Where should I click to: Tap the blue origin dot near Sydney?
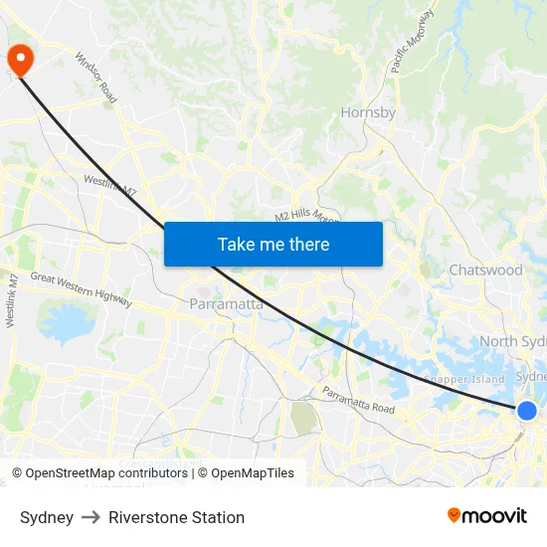[x=527, y=411]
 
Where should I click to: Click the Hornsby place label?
[x=368, y=112]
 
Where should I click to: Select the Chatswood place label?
[x=485, y=270]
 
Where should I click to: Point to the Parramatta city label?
[x=227, y=304]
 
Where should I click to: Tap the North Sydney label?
[x=512, y=342]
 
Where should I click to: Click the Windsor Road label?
[x=95, y=79]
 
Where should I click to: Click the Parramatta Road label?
[x=358, y=401]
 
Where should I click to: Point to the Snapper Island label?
[x=464, y=379]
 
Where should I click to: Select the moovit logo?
[x=487, y=516]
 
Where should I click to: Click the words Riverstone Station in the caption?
[x=176, y=517]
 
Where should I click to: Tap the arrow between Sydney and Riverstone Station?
[x=91, y=517]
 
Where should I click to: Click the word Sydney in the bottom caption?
[x=47, y=517]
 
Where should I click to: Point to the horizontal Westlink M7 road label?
[x=110, y=183]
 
